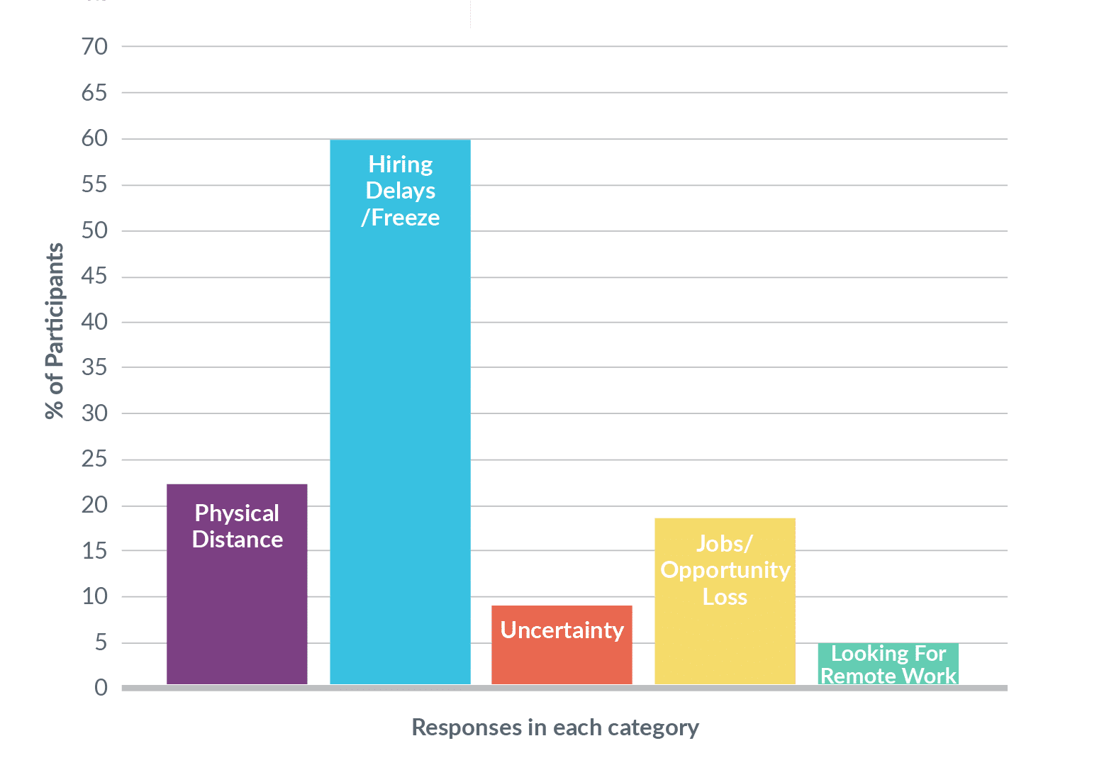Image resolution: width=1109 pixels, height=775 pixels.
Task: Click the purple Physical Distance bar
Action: pyautogui.click(x=237, y=584)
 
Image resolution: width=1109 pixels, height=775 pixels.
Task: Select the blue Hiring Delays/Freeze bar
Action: pyautogui.click(x=400, y=412)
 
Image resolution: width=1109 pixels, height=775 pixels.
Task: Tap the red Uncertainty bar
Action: pyautogui.click(x=562, y=645)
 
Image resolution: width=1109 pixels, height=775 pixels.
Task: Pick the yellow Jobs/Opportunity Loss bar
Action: pyautogui.click(x=725, y=601)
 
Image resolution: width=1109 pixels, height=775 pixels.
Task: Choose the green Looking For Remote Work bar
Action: pyautogui.click(x=888, y=664)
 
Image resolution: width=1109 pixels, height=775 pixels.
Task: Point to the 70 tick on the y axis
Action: pyautogui.click(x=94, y=47)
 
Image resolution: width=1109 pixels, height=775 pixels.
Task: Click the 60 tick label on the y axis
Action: pyautogui.click(x=94, y=138)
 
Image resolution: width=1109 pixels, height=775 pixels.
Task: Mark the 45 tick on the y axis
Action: pyautogui.click(x=94, y=276)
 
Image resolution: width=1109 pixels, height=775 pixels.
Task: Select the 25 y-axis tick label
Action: pyautogui.click(x=94, y=459)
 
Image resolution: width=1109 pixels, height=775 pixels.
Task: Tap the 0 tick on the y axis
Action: pyautogui.click(x=101, y=687)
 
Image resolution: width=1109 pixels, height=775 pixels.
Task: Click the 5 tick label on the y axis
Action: pyautogui.click(x=101, y=642)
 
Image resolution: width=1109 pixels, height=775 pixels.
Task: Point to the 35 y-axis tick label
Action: pyautogui.click(x=94, y=367)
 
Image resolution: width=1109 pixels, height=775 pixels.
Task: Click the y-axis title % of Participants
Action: pyautogui.click(x=55, y=331)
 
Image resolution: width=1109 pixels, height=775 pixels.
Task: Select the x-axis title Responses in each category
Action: pyautogui.click(x=555, y=727)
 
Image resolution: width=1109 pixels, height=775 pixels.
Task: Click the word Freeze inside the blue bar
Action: pyautogui.click(x=405, y=218)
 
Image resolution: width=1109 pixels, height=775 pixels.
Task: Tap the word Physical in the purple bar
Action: pyautogui.click(x=237, y=513)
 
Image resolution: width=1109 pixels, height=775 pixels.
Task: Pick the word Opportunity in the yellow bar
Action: pyautogui.click(x=725, y=571)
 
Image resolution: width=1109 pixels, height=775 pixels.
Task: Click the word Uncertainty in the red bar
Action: pyautogui.click(x=562, y=630)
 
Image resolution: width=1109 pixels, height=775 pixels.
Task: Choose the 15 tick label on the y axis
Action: pyautogui.click(x=94, y=551)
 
